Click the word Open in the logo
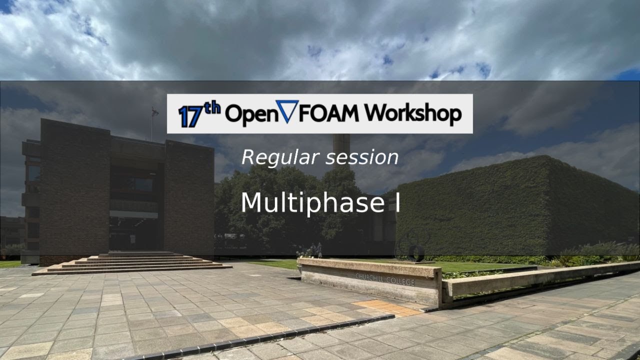click(247, 114)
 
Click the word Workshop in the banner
click(412, 114)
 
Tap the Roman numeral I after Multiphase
click(397, 203)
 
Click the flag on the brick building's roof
click(154, 112)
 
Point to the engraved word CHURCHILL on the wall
click(370, 277)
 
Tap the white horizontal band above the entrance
click(133, 214)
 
